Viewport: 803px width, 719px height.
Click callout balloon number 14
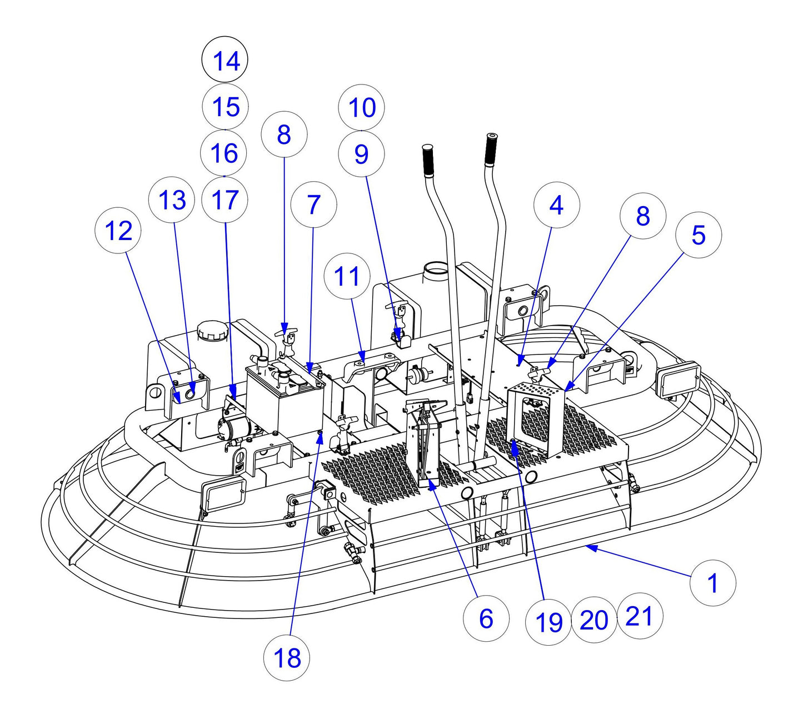[225, 60]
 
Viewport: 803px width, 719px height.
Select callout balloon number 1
[712, 583]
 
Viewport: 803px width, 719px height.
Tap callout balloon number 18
[287, 658]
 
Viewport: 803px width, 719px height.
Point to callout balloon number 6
[486, 618]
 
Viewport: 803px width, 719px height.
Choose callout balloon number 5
[698, 235]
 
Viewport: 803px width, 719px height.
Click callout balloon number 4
[556, 205]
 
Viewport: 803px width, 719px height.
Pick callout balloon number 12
[118, 230]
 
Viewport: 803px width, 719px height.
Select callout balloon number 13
[172, 199]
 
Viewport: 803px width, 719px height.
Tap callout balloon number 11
[348, 276]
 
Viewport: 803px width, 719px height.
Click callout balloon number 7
[314, 204]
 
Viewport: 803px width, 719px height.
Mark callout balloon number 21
[639, 616]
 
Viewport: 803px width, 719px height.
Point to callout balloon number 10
[362, 107]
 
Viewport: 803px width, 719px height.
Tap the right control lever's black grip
[491, 149]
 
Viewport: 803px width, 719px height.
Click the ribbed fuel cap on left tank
[212, 332]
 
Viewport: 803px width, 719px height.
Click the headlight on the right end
[679, 380]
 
